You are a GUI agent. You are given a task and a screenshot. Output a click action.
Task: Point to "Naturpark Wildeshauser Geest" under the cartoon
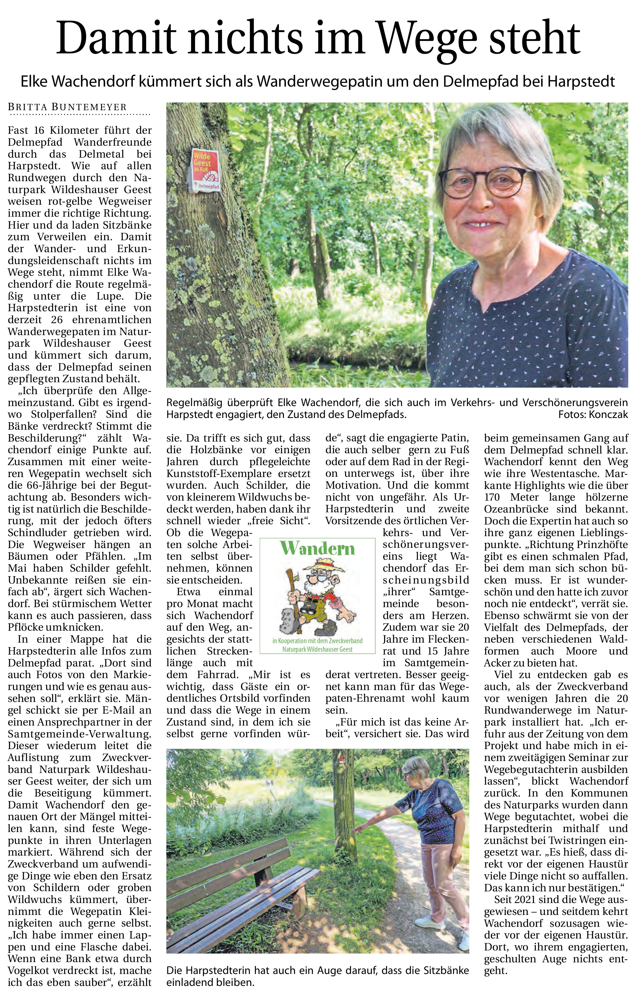[x=317, y=649]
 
